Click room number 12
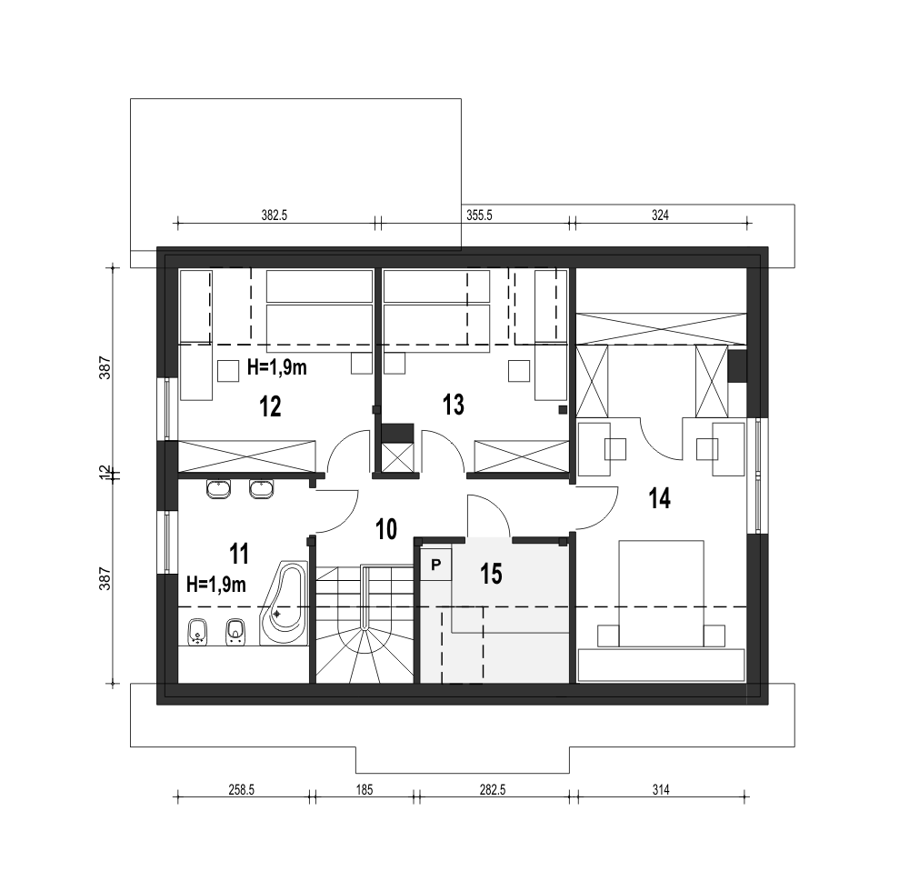270,406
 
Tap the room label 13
454,405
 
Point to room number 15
491,574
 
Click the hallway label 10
386,529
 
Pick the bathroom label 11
239,554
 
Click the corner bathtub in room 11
285,603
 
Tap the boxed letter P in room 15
436,565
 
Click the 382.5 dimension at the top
275,215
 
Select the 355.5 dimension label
479,215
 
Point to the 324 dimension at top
660,215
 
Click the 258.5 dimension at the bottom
242,789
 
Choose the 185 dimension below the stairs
365,789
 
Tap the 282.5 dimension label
493,789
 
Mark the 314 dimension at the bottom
661,789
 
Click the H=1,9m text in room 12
277,367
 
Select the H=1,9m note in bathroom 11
216,584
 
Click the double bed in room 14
662,594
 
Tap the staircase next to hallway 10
365,624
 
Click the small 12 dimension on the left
105,474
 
